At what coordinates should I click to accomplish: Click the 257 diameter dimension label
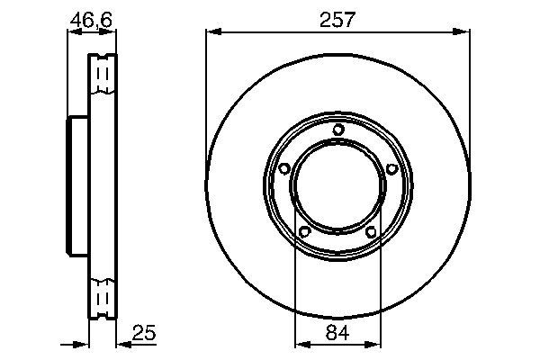337,19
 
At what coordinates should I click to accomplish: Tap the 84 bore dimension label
337,332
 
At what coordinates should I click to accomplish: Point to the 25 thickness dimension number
144,332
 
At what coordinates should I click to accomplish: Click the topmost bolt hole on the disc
337,130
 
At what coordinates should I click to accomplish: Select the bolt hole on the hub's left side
283,168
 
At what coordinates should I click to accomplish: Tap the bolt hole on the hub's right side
391,168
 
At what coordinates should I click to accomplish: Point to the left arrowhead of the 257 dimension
211,33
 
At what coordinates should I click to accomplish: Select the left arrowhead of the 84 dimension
301,343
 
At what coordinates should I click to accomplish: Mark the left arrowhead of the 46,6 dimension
73,33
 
